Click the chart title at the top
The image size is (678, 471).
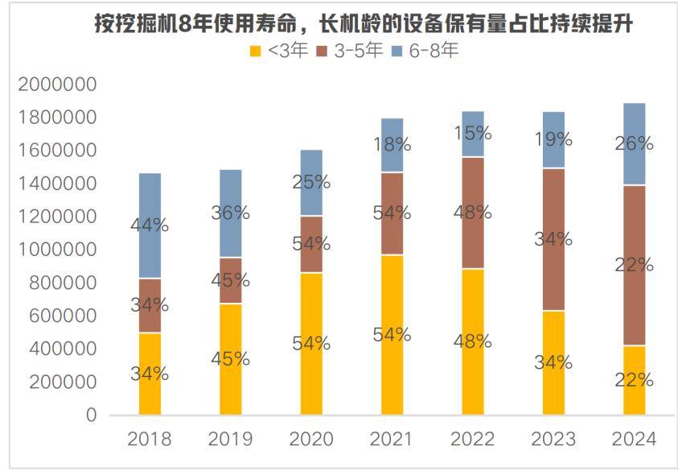click(x=364, y=24)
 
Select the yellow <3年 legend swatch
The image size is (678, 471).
click(x=255, y=51)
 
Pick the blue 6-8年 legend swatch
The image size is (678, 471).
click(x=397, y=51)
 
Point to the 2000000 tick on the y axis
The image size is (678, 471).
click(x=56, y=85)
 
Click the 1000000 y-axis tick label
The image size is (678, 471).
click(x=56, y=250)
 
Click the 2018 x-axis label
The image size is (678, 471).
click(x=150, y=440)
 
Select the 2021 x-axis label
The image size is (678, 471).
click(x=392, y=440)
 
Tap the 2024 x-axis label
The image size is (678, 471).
click(x=634, y=440)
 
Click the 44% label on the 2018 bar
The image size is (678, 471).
click(x=150, y=225)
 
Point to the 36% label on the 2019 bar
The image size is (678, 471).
click(x=230, y=213)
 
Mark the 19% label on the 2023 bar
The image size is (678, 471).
click(x=553, y=138)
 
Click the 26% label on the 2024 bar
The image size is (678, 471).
click(x=634, y=144)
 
